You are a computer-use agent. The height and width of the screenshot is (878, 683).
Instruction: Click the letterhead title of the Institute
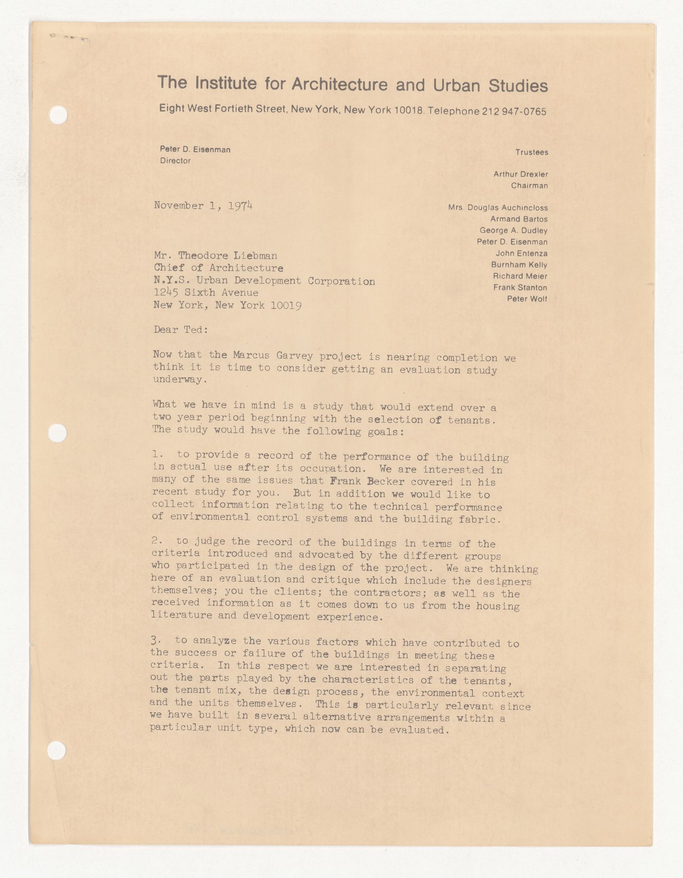click(352, 84)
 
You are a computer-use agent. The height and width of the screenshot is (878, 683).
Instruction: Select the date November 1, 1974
click(203, 206)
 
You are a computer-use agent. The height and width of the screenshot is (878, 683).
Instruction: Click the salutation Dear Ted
click(181, 330)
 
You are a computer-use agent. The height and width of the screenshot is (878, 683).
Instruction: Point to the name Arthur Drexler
click(521, 174)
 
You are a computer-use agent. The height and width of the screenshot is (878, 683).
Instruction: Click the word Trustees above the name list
click(532, 152)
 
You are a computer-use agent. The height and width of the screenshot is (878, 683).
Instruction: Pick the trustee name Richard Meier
click(520, 276)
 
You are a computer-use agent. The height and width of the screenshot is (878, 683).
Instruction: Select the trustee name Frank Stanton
click(520, 288)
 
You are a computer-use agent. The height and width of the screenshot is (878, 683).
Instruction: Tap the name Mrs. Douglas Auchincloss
click(498, 208)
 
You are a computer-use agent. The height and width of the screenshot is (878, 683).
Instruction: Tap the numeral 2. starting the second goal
click(156, 541)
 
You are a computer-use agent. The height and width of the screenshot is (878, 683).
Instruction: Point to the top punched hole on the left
click(59, 115)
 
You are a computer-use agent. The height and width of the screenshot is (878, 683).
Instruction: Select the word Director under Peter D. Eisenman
click(175, 161)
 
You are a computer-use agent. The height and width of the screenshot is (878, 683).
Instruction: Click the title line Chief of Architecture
click(218, 268)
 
